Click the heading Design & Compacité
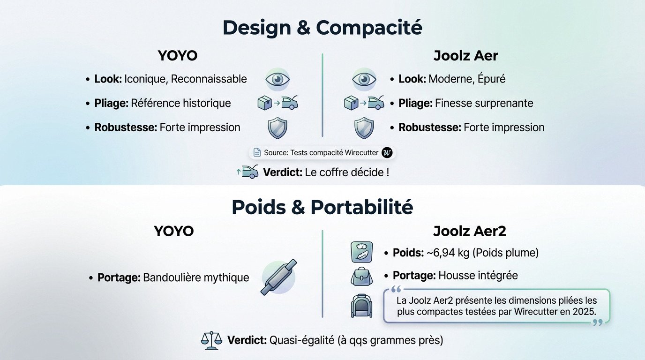(322, 28)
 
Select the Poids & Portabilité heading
(322, 207)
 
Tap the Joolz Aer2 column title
(469, 231)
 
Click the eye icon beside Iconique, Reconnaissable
(277, 79)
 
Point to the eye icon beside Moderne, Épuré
(364, 79)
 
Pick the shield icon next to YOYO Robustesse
(277, 127)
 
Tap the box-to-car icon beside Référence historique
(278, 103)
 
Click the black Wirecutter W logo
(387, 152)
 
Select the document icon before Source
(257, 152)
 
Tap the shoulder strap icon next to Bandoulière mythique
(279, 277)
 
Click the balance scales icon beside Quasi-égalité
(212, 340)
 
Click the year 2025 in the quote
(585, 311)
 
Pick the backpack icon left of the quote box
(361, 305)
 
